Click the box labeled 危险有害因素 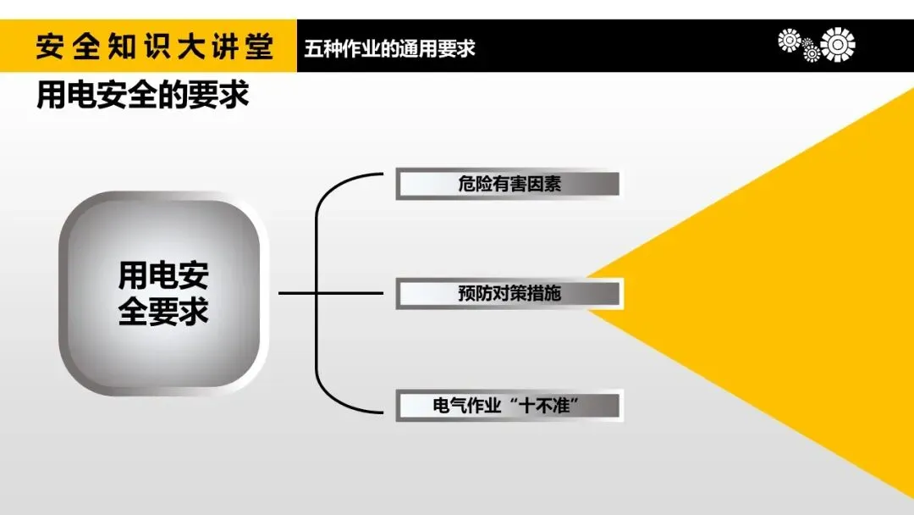coord(509,185)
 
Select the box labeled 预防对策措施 coord(509,294)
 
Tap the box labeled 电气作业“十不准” coord(509,406)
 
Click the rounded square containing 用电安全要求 coord(162,294)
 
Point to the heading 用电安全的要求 coord(142,95)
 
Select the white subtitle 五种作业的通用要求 coord(390,47)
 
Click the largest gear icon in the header coord(838,45)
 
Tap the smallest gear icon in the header coord(811,53)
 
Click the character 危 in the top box coord(467,185)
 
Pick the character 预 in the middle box coord(467,294)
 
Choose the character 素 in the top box coord(551,185)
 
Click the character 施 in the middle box coord(551,294)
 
